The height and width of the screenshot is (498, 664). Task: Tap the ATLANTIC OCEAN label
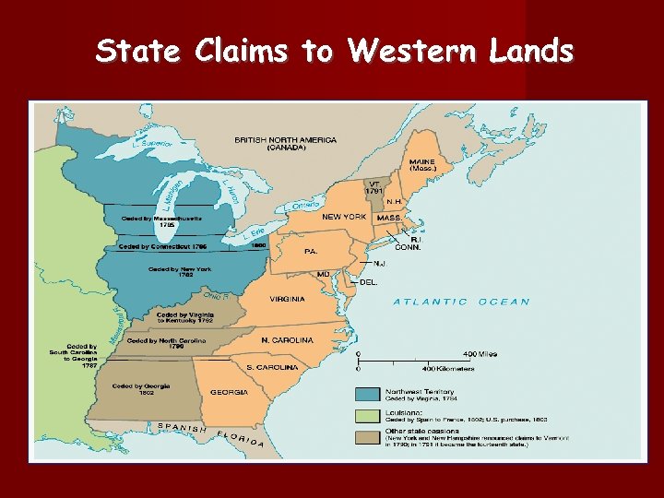pyautogui.click(x=462, y=302)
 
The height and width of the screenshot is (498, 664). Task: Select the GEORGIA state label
pyautogui.click(x=229, y=392)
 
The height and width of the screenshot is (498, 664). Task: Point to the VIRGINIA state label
pyautogui.click(x=287, y=300)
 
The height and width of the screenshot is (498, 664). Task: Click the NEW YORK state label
pyautogui.click(x=344, y=217)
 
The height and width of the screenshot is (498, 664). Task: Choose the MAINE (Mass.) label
pyautogui.click(x=422, y=165)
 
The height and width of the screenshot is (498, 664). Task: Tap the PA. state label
pyautogui.click(x=312, y=250)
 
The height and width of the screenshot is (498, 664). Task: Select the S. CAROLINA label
pyautogui.click(x=272, y=367)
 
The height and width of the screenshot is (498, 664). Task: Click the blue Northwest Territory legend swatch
pyautogui.click(x=369, y=395)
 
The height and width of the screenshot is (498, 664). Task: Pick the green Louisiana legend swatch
pyautogui.click(x=369, y=415)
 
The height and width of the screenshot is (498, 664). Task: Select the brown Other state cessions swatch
pyautogui.click(x=369, y=435)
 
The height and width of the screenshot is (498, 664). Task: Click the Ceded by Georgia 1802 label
pyautogui.click(x=141, y=389)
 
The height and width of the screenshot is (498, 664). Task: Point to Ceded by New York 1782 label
pyautogui.click(x=180, y=272)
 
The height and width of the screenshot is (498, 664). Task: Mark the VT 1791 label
pyautogui.click(x=373, y=187)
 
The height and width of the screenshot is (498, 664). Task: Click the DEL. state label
pyautogui.click(x=368, y=281)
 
